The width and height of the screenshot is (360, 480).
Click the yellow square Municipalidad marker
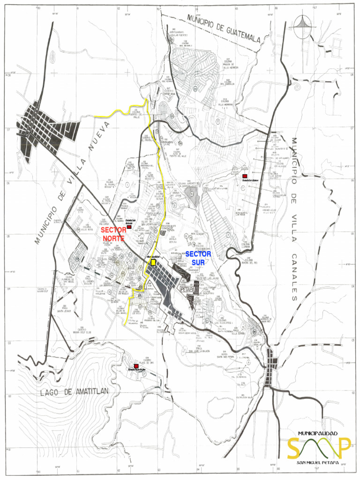[153, 263]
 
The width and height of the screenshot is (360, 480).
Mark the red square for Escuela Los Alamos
[245, 176]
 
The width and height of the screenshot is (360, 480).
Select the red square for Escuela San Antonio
[129, 227]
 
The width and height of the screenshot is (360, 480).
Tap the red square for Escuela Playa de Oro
[136, 366]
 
